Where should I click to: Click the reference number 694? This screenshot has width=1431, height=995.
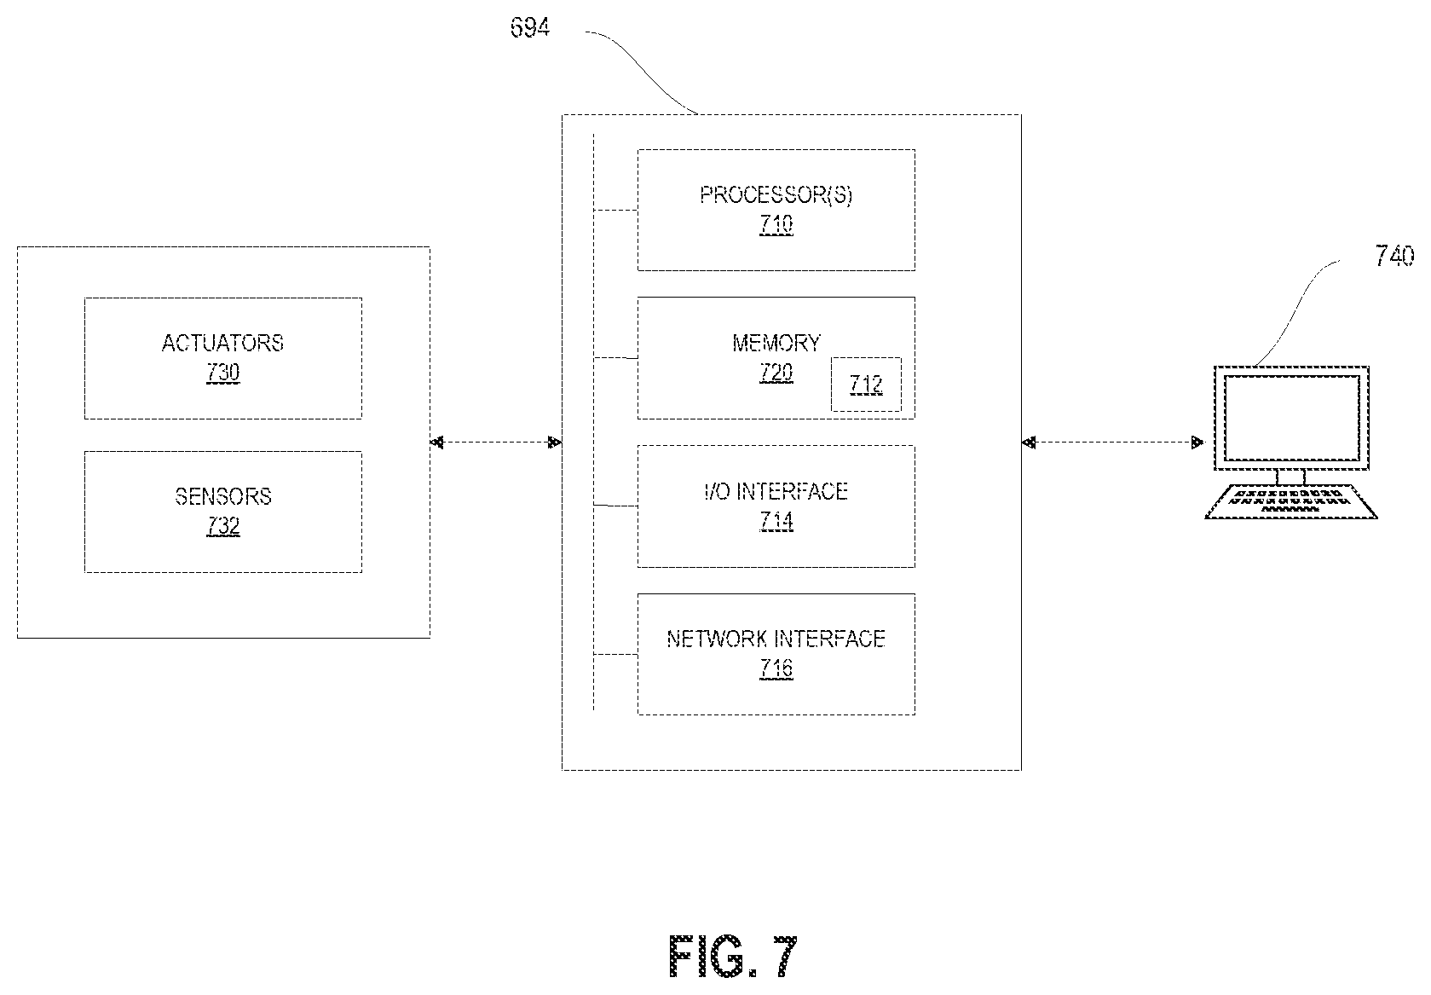click(529, 27)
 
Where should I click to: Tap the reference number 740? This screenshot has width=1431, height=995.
click(1394, 256)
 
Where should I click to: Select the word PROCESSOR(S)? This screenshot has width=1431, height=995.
click(776, 194)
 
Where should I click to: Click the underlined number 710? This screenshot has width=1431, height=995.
click(776, 224)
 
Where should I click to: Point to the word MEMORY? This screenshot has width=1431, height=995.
click(776, 343)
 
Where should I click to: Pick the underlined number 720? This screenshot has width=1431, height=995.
click(776, 373)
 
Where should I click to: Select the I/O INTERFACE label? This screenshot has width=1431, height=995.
click(776, 491)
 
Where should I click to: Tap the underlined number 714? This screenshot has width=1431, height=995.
click(776, 522)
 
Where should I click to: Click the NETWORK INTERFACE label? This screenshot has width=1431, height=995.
click(776, 639)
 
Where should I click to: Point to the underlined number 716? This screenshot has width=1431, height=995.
click(776, 668)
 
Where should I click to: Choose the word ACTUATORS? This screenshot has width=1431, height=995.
click(223, 343)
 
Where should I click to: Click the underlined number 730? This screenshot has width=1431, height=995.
click(223, 373)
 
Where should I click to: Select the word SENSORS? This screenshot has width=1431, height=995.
click(223, 496)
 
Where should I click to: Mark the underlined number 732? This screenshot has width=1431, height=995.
click(223, 526)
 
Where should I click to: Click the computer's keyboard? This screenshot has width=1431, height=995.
click(1290, 501)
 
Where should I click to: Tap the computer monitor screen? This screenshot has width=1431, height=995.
click(1291, 417)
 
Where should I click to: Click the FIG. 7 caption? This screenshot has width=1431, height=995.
click(733, 957)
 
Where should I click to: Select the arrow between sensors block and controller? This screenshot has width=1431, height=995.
click(496, 443)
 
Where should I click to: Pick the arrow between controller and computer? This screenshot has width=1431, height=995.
click(1113, 443)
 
